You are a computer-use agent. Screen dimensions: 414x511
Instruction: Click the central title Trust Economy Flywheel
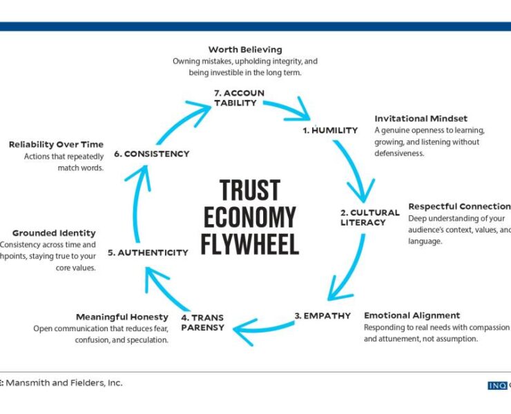coord(250,217)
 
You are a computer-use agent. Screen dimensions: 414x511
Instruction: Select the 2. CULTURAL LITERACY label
coord(369,217)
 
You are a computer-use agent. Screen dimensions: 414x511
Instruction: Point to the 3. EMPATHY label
coord(323,315)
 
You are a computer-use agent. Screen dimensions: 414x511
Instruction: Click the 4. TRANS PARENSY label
coord(203,322)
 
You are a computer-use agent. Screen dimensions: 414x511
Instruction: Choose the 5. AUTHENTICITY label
coord(153,253)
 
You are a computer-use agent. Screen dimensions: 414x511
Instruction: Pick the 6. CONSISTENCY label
coord(152,154)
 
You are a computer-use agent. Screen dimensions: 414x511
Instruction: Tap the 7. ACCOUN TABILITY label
coord(239,98)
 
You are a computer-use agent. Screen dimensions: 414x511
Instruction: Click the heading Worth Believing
coord(245,50)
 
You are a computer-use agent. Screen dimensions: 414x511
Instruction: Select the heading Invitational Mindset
coord(421,119)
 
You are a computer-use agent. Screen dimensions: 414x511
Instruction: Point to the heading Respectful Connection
coord(459,206)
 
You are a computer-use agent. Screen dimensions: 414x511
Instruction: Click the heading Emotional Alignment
coord(412,315)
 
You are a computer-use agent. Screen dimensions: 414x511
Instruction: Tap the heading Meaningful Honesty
coord(122,317)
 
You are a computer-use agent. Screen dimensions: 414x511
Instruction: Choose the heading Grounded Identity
coord(54,233)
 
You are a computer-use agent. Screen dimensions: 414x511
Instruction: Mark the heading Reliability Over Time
coord(56,144)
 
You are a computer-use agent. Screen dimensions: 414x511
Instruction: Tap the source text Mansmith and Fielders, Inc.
coord(66,382)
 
